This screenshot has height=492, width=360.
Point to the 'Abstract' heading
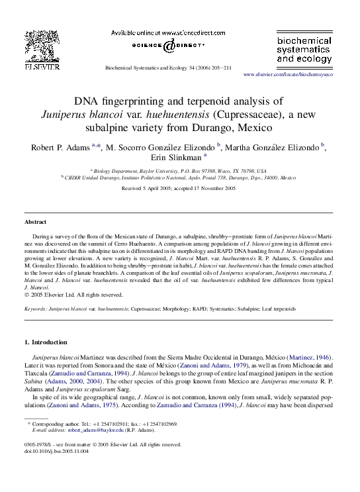(x=35, y=222)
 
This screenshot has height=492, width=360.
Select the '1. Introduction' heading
(x=46, y=342)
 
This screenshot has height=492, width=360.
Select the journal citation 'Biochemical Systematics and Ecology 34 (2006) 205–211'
(x=167, y=68)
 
